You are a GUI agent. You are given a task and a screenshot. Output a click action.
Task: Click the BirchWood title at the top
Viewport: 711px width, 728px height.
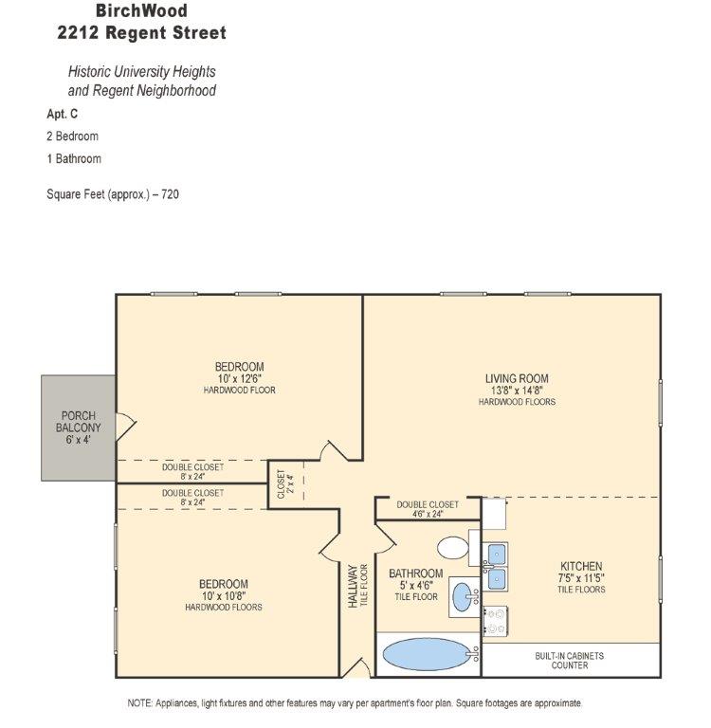click(141, 10)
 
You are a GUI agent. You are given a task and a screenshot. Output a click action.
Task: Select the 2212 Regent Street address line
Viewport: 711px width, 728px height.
click(141, 32)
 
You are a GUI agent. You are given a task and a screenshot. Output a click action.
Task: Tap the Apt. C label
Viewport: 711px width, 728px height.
click(63, 114)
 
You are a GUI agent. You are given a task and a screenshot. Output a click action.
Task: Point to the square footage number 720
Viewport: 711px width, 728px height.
click(170, 194)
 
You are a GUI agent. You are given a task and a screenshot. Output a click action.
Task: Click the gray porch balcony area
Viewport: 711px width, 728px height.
click(78, 428)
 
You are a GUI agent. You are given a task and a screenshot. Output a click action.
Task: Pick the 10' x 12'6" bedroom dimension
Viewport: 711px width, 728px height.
click(240, 378)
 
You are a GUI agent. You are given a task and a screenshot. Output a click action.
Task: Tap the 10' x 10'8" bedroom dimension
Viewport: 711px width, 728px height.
click(224, 595)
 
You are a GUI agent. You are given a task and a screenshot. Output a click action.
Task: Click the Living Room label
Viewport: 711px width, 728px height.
click(517, 378)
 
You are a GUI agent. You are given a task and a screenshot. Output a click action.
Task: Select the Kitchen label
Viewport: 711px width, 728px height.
click(581, 566)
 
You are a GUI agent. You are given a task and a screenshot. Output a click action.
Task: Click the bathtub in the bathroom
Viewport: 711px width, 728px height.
click(427, 654)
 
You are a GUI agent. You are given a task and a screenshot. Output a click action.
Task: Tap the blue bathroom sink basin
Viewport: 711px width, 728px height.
click(463, 597)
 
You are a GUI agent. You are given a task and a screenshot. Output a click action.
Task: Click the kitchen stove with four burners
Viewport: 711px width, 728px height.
click(495, 621)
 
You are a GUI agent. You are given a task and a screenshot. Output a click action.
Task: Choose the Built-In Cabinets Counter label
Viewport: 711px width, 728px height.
click(570, 660)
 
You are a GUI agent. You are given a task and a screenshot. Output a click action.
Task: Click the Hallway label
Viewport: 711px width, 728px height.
click(353, 586)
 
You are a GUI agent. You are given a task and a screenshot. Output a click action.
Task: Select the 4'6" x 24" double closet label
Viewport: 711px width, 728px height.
click(428, 509)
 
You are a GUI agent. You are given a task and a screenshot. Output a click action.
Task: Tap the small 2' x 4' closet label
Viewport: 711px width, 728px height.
click(285, 483)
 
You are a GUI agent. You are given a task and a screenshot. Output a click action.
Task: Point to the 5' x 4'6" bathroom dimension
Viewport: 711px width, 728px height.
click(416, 586)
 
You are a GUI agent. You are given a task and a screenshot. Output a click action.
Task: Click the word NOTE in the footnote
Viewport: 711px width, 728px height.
click(139, 703)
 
